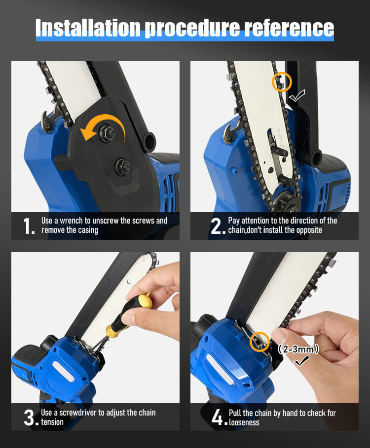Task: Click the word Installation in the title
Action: (88, 28)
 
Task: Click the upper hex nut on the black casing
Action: (108, 132)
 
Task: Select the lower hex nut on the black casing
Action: (123, 166)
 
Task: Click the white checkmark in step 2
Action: (296, 96)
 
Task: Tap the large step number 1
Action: (29, 226)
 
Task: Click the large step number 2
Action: (218, 226)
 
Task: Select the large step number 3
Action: (31, 417)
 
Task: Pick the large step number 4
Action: (220, 417)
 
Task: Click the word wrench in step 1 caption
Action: (71, 221)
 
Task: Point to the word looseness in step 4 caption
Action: (244, 422)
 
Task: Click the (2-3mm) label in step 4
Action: (298, 349)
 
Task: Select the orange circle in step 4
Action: (259, 341)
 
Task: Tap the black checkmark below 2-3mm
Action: (301, 360)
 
